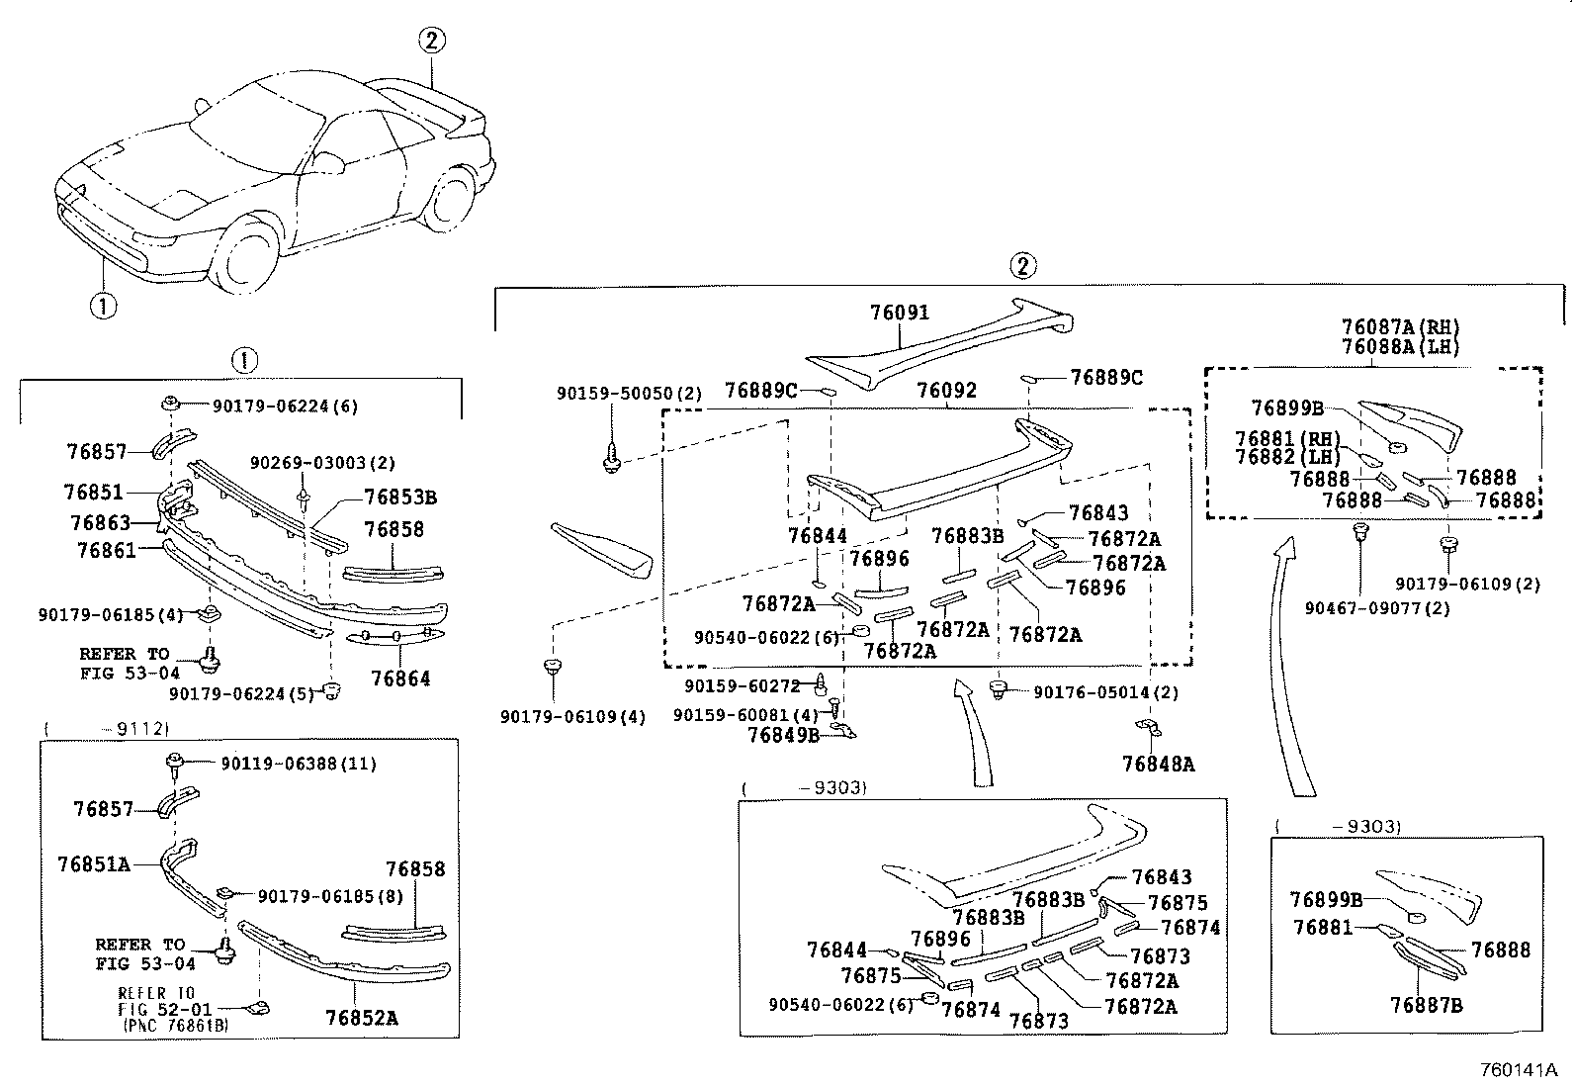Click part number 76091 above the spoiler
point(900,313)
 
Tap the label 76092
point(946,391)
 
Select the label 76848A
point(1158,765)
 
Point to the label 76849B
point(783,736)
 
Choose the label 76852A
point(361,1018)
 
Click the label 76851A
point(94,864)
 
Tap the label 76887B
point(1427,1006)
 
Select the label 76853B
point(400,498)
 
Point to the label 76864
point(400,679)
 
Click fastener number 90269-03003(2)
point(322,463)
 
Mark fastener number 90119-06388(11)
point(299,764)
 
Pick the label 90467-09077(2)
point(1377,608)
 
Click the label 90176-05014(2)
point(1106,692)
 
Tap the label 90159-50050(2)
point(630,394)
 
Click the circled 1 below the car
point(103,306)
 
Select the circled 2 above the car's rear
point(432,41)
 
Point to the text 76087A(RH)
point(1400,327)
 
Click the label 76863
point(101,523)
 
